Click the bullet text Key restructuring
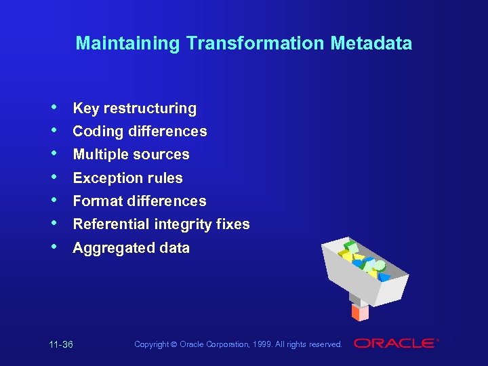coord(134,108)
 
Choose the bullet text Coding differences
coord(140,131)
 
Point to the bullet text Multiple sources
coord(131,155)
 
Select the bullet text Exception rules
coord(127,178)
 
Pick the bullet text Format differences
coord(139,201)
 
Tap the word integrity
coord(184,224)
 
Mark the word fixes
coord(235,224)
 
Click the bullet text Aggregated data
coord(131,248)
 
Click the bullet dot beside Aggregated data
coord(54,247)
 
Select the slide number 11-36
coord(61,345)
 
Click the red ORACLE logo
coord(395,344)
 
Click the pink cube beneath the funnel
coord(360,312)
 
